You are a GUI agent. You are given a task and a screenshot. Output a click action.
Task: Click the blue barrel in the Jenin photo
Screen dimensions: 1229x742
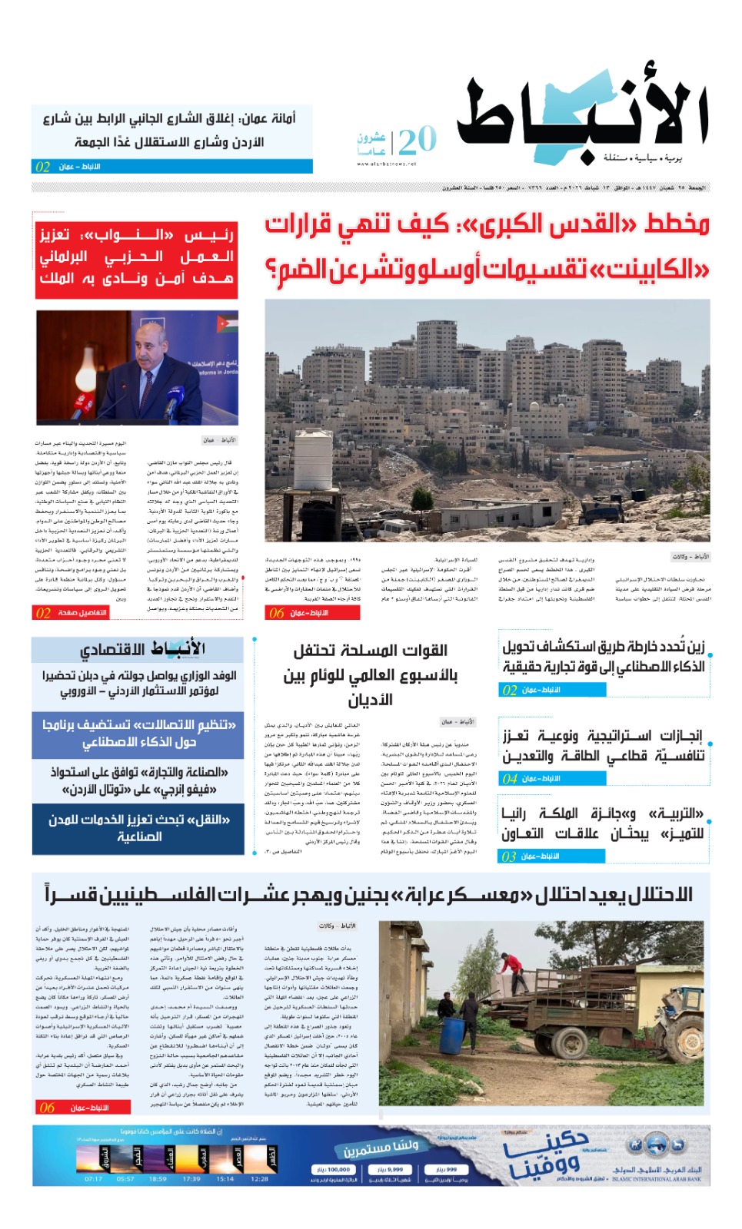click(451, 1035)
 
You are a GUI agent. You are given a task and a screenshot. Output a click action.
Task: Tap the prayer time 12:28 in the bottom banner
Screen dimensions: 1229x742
click(259, 1178)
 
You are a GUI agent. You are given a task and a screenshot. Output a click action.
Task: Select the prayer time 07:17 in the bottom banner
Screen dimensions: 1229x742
click(93, 1178)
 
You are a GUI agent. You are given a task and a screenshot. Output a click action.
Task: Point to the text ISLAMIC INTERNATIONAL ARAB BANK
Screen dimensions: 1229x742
click(657, 1179)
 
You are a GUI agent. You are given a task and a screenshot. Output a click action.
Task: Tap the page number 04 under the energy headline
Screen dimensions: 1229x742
click(510, 779)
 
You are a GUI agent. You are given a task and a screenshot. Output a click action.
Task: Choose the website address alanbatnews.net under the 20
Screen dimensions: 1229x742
click(386, 164)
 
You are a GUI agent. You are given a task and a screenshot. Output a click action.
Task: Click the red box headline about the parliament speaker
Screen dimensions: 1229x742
click(136, 257)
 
